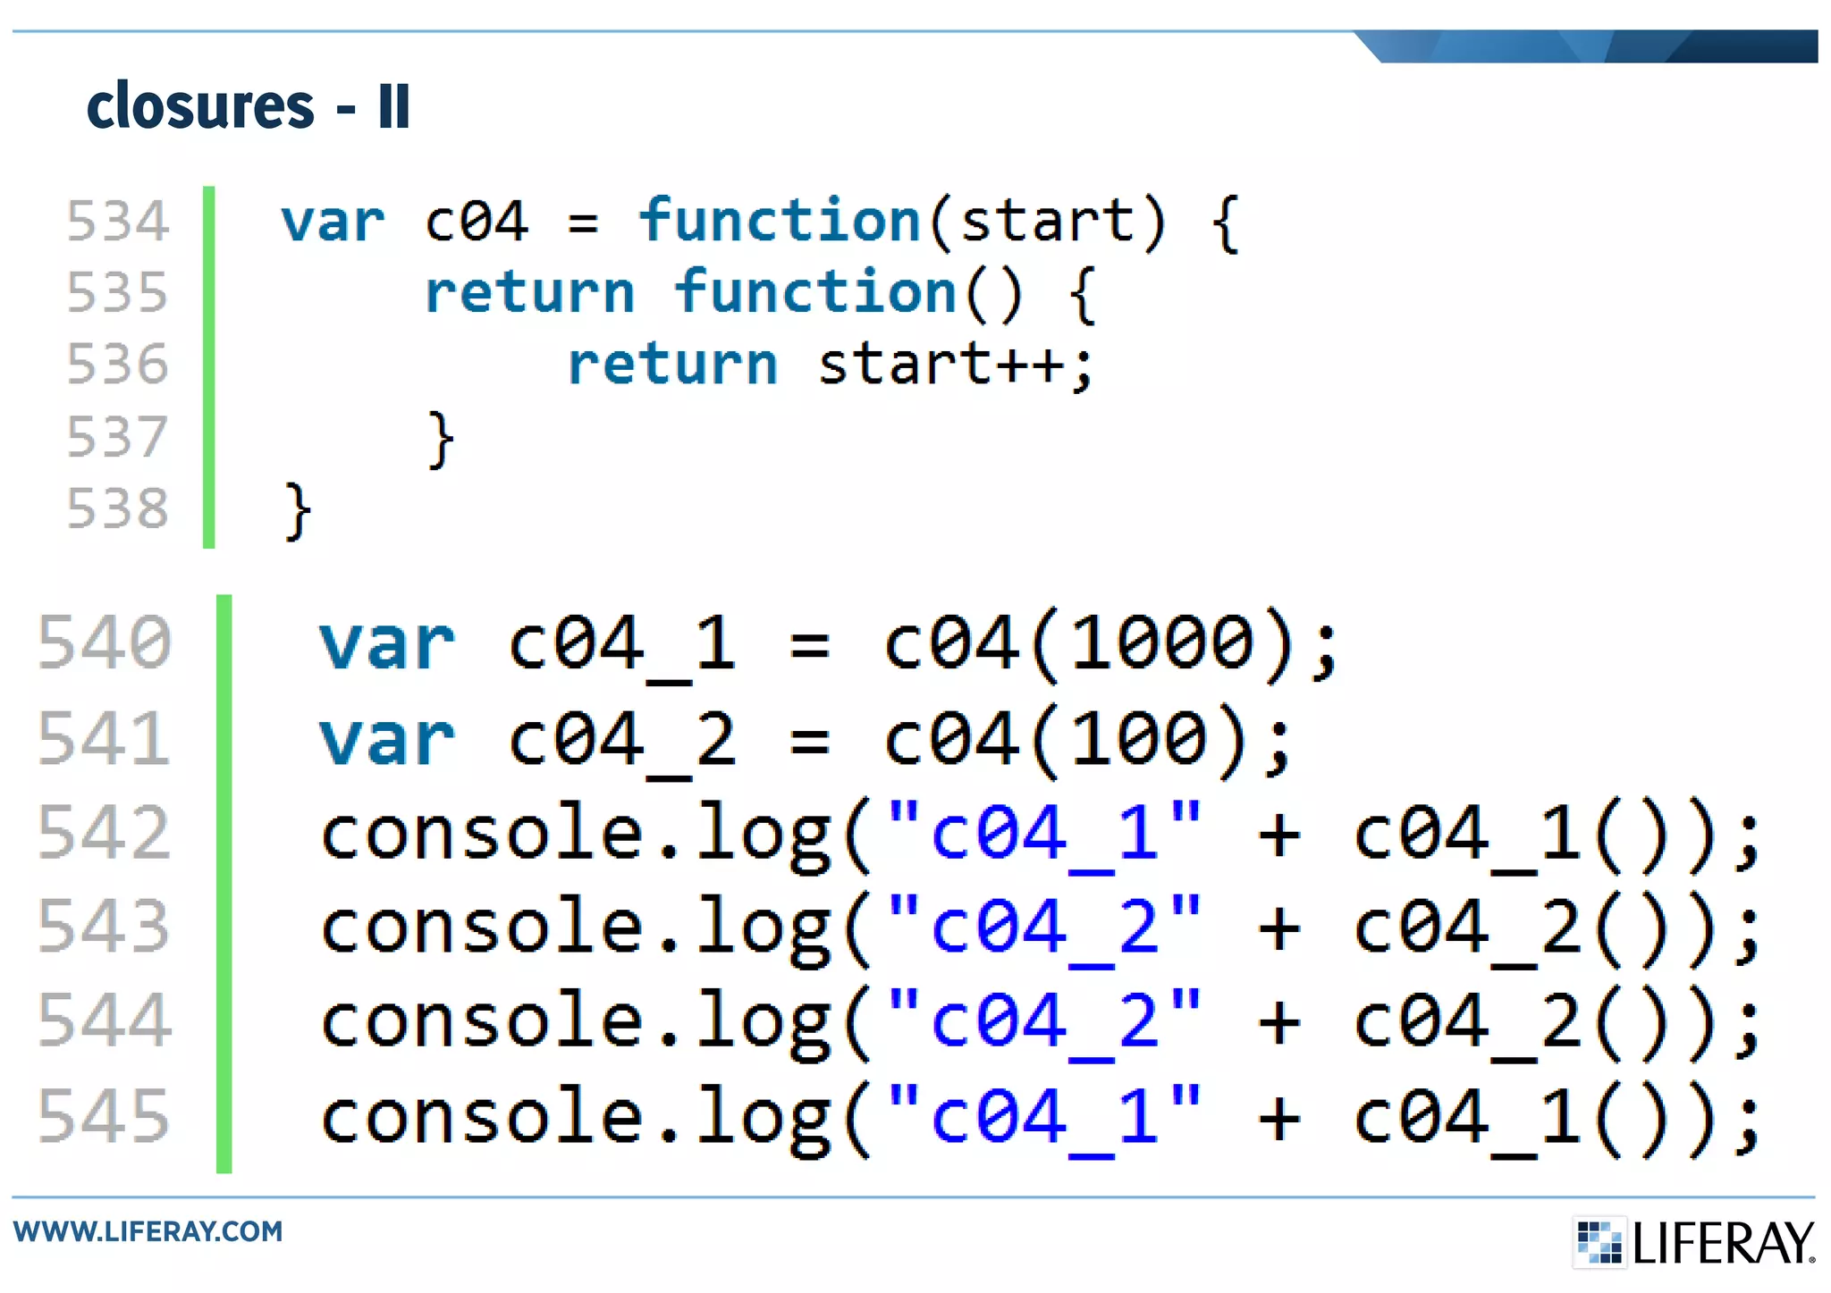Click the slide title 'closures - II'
tap(248, 106)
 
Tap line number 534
tap(117, 222)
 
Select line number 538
tap(117, 508)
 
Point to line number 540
tap(105, 643)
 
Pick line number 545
tap(105, 1116)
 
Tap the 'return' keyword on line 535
tap(529, 293)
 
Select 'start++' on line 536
tap(941, 365)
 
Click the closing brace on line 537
tap(441, 439)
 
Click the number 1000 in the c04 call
tap(1162, 643)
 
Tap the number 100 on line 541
tap(1139, 740)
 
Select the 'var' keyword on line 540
tap(387, 643)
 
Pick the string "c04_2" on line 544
tap(1044, 1021)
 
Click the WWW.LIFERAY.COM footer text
tap(148, 1231)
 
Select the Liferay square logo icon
tap(1599, 1242)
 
